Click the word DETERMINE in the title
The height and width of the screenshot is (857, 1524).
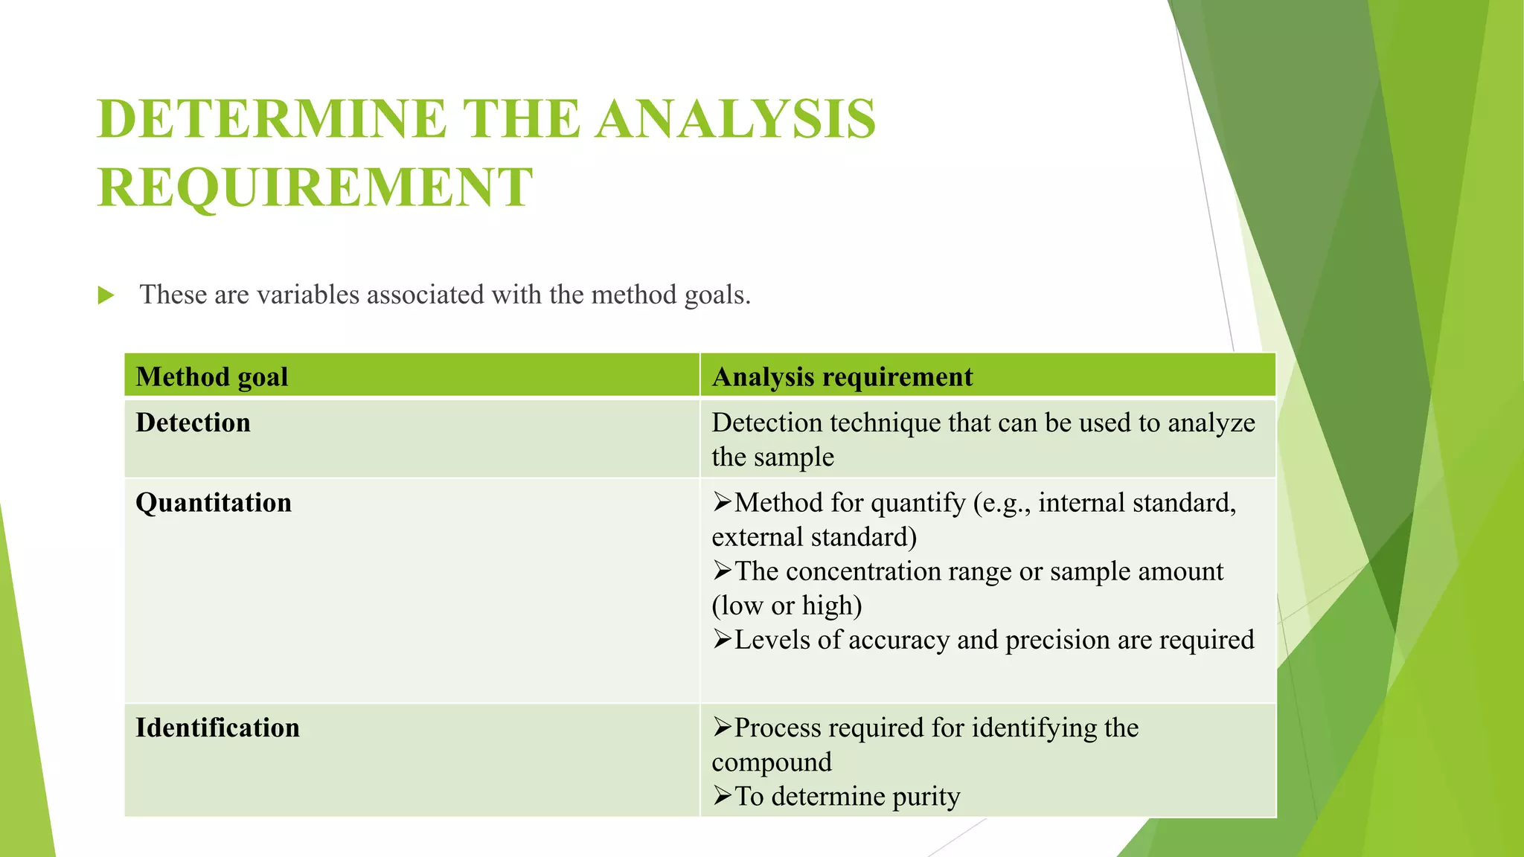coord(272,119)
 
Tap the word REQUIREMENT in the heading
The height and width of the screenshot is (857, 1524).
coord(316,187)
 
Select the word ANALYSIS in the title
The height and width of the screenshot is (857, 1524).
coord(735,119)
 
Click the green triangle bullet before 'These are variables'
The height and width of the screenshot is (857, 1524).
coord(106,296)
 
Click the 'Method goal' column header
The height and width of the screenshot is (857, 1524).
coord(212,376)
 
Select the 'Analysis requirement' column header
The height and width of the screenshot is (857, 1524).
coord(842,376)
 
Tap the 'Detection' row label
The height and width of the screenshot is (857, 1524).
coord(193,423)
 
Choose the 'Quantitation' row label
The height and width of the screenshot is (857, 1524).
coord(214,503)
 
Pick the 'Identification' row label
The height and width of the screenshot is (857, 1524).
coord(217,728)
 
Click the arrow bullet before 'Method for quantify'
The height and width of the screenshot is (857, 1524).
coord(722,502)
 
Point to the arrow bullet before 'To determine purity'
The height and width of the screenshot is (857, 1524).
coord(722,796)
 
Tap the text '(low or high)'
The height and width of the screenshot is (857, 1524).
coord(787,606)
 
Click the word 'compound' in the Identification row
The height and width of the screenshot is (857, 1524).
coord(772,762)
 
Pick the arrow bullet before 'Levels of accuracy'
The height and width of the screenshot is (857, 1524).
coord(722,639)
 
